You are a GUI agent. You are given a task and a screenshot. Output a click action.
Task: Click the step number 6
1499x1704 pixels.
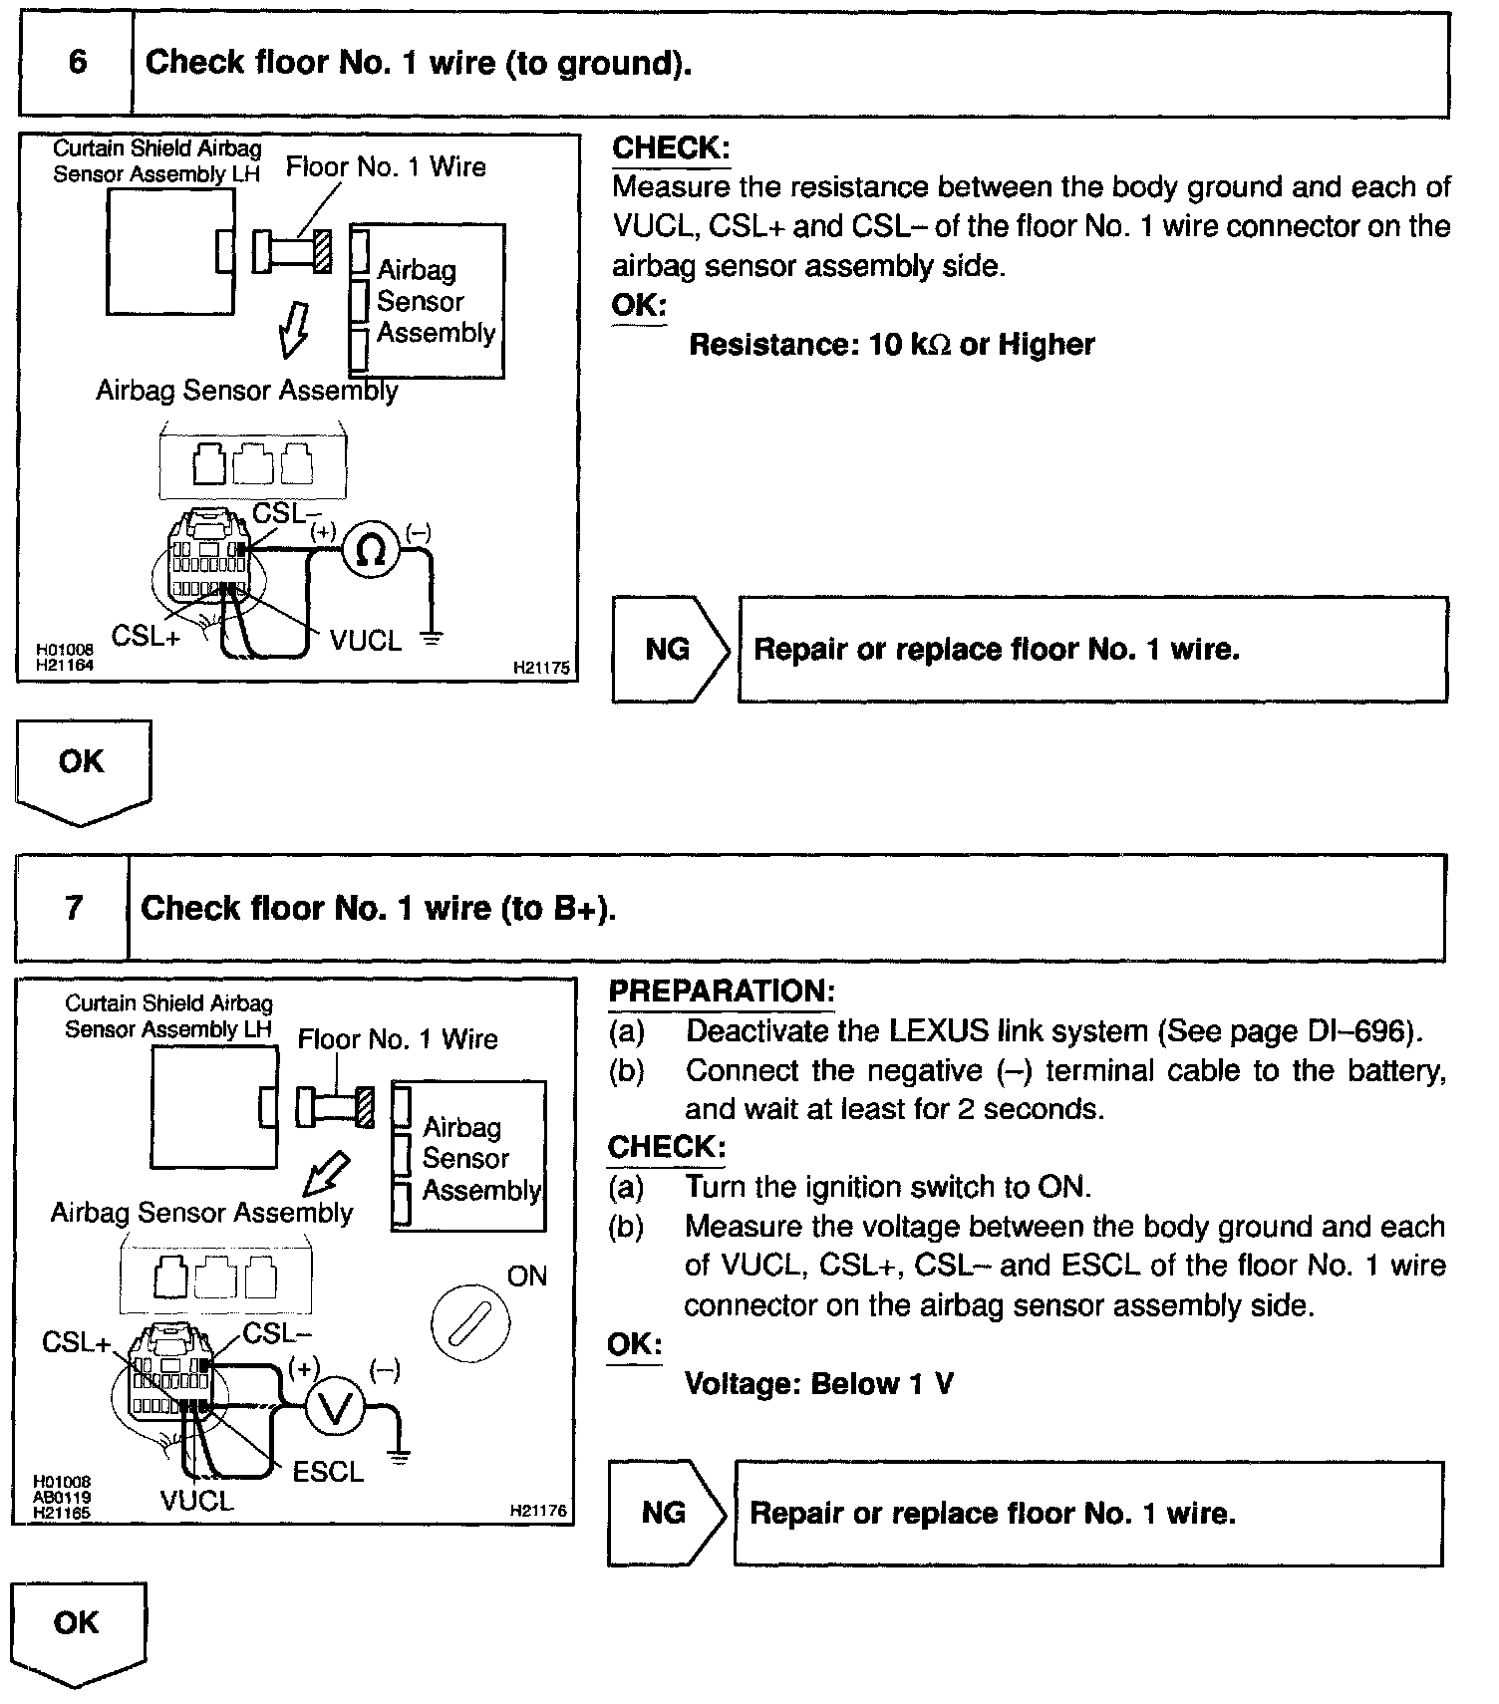tap(77, 63)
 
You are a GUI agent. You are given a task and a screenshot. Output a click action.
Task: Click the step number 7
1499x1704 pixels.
tap(74, 908)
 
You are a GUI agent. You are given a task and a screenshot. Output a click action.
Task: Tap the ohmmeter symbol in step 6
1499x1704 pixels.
tap(371, 549)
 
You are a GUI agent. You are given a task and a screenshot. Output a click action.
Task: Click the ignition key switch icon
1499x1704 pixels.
tap(470, 1324)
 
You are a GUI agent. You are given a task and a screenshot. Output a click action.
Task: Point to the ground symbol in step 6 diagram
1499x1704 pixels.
tap(431, 637)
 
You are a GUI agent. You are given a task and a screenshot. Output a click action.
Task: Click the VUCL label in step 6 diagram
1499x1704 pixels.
tap(366, 640)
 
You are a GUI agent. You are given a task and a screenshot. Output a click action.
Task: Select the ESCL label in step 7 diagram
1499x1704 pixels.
tap(328, 1472)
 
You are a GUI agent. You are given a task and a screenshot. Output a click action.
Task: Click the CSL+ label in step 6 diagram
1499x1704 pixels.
tap(146, 635)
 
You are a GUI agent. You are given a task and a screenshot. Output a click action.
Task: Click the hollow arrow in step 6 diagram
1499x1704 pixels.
tap(293, 329)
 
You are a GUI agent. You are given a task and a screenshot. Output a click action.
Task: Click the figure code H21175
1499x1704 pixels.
tap(541, 668)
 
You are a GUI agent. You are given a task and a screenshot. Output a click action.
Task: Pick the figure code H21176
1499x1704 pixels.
tap(538, 1511)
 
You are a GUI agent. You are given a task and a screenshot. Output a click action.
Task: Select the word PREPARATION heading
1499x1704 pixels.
tap(721, 992)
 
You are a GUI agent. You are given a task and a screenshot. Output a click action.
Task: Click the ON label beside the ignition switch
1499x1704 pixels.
tap(527, 1276)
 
